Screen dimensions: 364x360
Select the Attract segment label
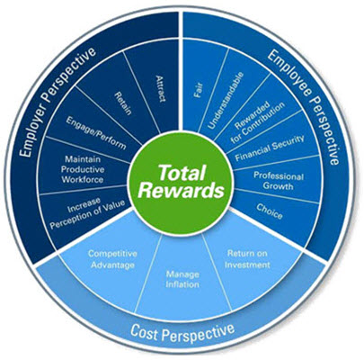[161, 88]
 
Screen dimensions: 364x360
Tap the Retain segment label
[123, 103]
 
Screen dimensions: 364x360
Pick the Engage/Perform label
[96, 132]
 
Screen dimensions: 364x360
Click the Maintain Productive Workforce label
[83, 169]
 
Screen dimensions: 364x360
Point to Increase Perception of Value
[87, 212]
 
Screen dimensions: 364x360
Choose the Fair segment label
[199, 90]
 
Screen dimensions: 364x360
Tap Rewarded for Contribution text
[257, 122]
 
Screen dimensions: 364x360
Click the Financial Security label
[270, 148]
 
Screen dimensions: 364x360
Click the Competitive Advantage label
[112, 259]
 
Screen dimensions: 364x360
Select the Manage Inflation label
[182, 279]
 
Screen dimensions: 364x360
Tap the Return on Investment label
[247, 259]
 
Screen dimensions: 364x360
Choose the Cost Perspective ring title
[182, 332]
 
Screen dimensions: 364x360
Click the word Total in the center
[182, 173]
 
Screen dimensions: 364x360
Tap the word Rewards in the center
[182, 190]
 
